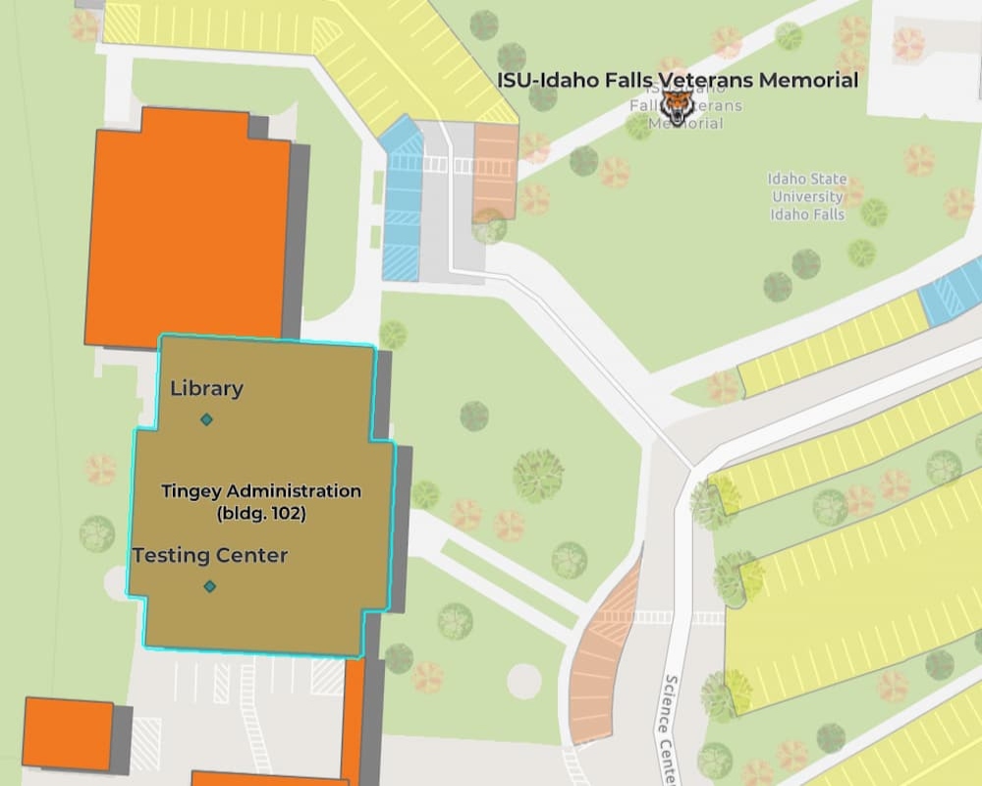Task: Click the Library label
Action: (206, 388)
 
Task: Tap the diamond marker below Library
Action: (206, 420)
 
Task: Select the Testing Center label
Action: (210, 555)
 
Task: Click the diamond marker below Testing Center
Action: (209, 587)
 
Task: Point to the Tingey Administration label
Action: (261, 490)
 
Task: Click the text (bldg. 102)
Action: (261, 512)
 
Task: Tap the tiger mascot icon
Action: (676, 104)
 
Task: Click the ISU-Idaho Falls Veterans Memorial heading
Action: (678, 80)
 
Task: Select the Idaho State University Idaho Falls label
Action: (807, 196)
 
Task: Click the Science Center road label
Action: (672, 727)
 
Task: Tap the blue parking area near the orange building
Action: (402, 201)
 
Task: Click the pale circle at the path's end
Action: (523, 680)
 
